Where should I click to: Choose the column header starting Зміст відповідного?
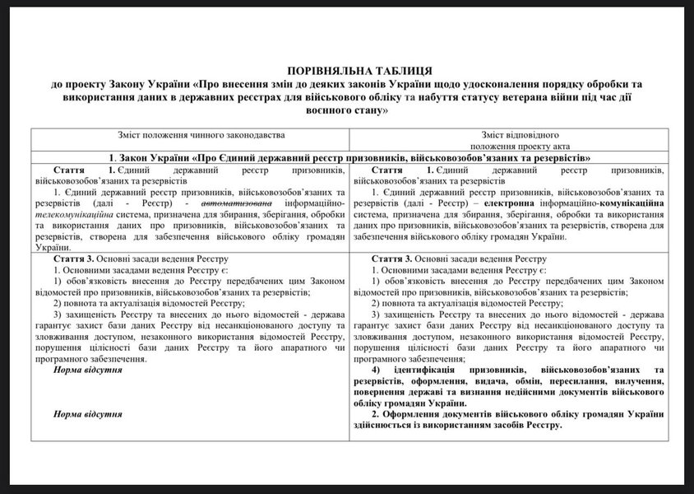pyautogui.click(x=520, y=133)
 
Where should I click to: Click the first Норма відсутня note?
pyautogui.click(x=88, y=370)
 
